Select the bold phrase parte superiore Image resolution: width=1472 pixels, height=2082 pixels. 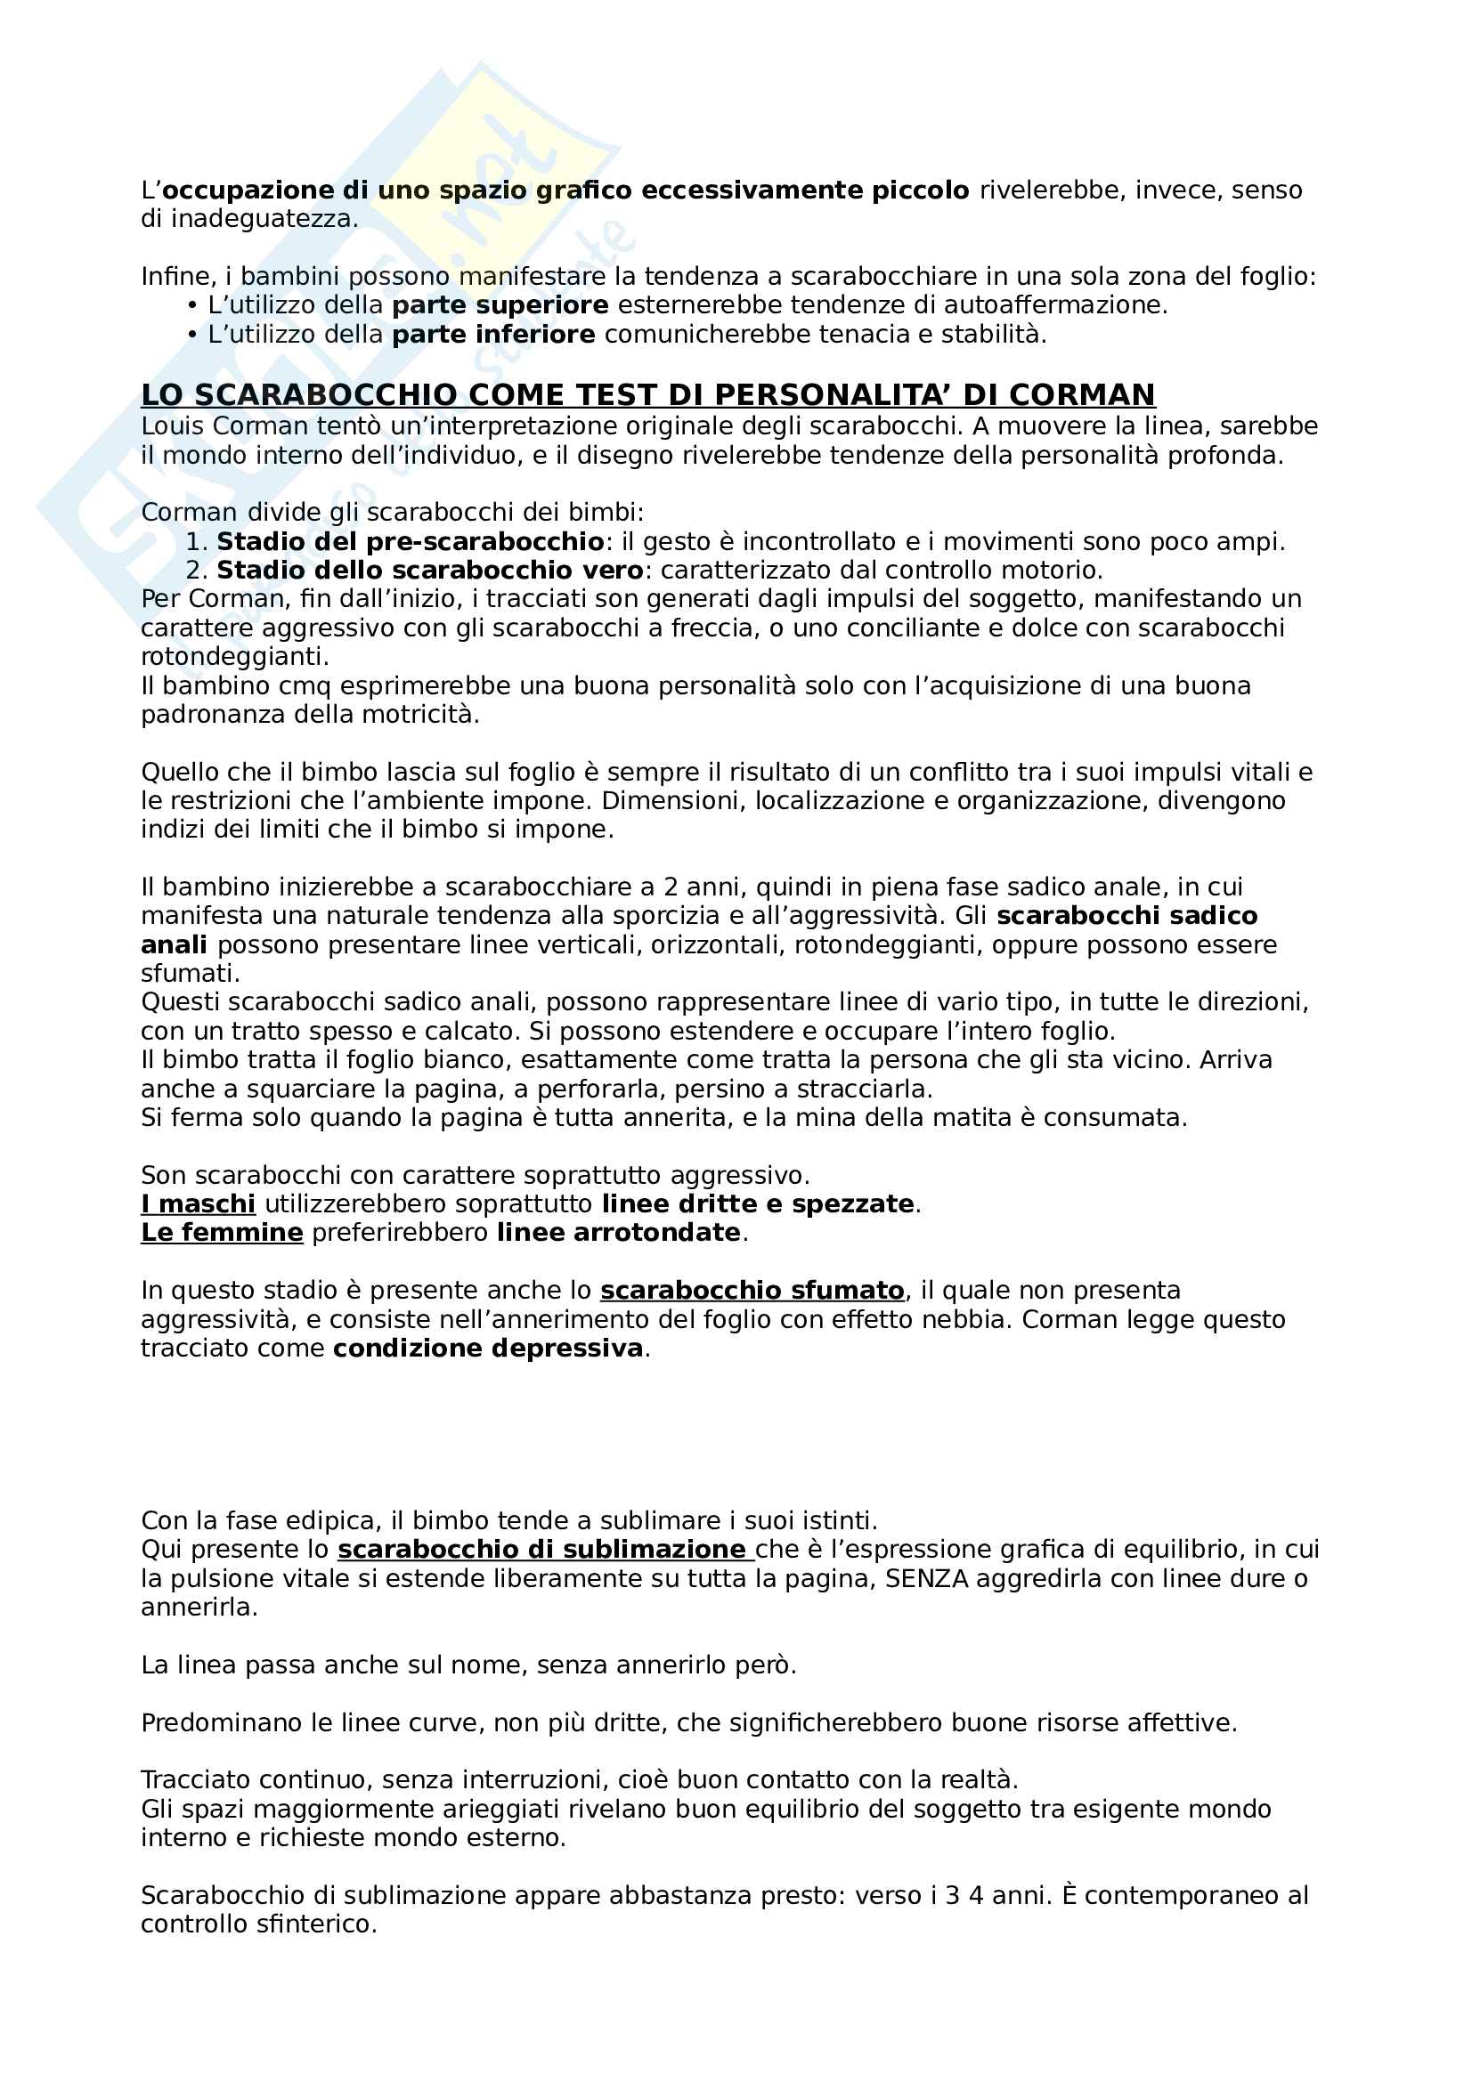(x=500, y=305)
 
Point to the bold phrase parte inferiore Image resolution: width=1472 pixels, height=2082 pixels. (x=493, y=335)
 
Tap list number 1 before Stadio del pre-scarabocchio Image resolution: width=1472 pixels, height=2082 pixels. (x=195, y=542)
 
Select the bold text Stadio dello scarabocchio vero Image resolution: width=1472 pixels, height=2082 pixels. (x=430, y=571)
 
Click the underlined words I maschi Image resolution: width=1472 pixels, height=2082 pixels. (x=198, y=1204)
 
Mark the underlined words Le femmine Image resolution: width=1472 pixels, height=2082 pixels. (x=222, y=1233)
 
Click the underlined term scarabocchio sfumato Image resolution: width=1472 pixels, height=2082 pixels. (x=752, y=1291)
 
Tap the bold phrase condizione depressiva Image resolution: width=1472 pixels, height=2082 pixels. (x=488, y=1349)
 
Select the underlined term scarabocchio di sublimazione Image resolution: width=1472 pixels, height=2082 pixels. (x=541, y=1550)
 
